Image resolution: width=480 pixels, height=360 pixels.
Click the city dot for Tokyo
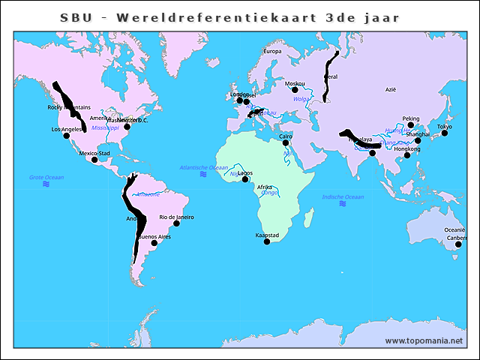(445, 133)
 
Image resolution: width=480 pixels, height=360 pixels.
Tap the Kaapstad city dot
(267, 241)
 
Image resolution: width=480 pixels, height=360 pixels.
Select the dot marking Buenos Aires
(154, 243)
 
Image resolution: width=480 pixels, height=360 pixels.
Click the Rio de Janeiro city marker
(176, 223)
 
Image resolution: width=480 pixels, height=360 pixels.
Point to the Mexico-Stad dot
(94, 160)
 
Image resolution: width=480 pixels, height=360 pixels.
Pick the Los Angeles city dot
(66, 136)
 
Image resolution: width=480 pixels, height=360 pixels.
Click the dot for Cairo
(286, 142)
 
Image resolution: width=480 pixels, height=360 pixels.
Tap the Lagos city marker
(244, 179)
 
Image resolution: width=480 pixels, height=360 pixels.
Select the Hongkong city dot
(407, 155)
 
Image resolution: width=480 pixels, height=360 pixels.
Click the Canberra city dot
(458, 244)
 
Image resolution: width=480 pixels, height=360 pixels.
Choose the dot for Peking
(410, 125)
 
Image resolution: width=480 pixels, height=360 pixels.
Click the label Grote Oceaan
(46, 177)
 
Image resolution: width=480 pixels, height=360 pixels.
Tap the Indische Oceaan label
(343, 197)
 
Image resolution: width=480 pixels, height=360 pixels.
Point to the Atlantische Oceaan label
(204, 167)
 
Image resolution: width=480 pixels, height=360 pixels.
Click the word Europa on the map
(271, 51)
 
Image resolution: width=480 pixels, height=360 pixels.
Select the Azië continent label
(390, 89)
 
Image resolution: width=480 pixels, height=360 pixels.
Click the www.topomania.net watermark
(424, 340)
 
